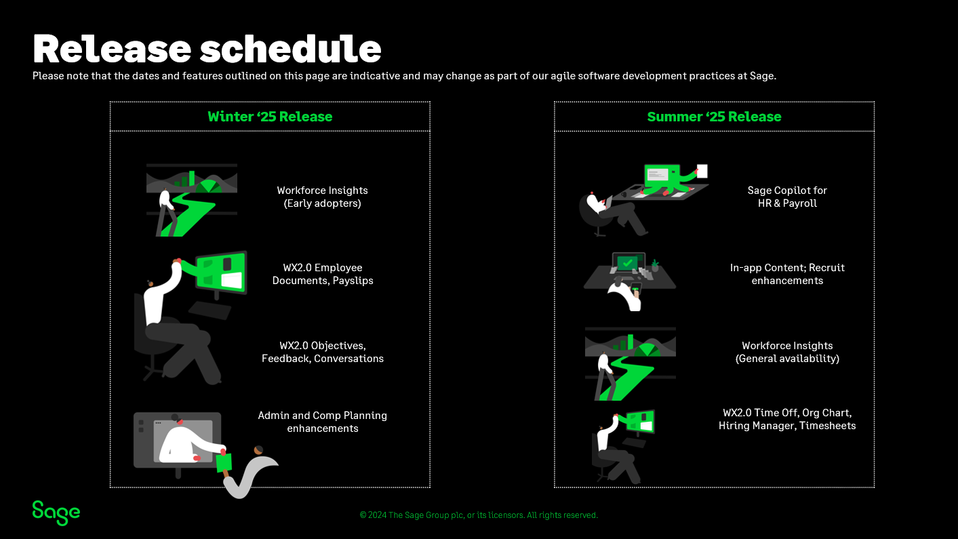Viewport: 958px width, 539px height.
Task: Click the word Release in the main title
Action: point(112,49)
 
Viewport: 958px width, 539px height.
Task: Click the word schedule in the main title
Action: point(290,49)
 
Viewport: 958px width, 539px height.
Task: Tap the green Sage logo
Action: point(56,513)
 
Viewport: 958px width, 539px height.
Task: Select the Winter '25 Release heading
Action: point(270,117)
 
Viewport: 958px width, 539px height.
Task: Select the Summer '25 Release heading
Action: point(714,117)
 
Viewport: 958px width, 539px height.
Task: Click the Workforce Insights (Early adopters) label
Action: point(323,197)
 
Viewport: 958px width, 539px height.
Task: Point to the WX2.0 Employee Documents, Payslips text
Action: point(323,274)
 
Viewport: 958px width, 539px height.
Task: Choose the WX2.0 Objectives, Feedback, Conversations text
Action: point(323,352)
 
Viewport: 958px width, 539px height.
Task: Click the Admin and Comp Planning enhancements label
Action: point(323,422)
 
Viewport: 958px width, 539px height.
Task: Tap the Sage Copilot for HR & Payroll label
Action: point(787,197)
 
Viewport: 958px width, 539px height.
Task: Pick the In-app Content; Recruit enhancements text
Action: point(787,274)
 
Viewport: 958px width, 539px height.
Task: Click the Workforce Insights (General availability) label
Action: point(787,352)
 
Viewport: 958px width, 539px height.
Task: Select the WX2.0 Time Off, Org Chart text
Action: point(787,413)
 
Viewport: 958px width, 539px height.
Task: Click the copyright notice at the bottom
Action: point(479,515)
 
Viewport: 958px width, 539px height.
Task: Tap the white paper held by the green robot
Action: point(702,171)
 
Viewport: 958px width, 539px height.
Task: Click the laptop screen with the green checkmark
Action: point(627,262)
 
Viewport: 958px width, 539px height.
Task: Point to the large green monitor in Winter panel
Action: point(221,272)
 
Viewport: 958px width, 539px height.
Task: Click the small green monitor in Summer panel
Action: point(640,421)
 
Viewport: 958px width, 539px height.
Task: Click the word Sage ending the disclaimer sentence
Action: point(763,76)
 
